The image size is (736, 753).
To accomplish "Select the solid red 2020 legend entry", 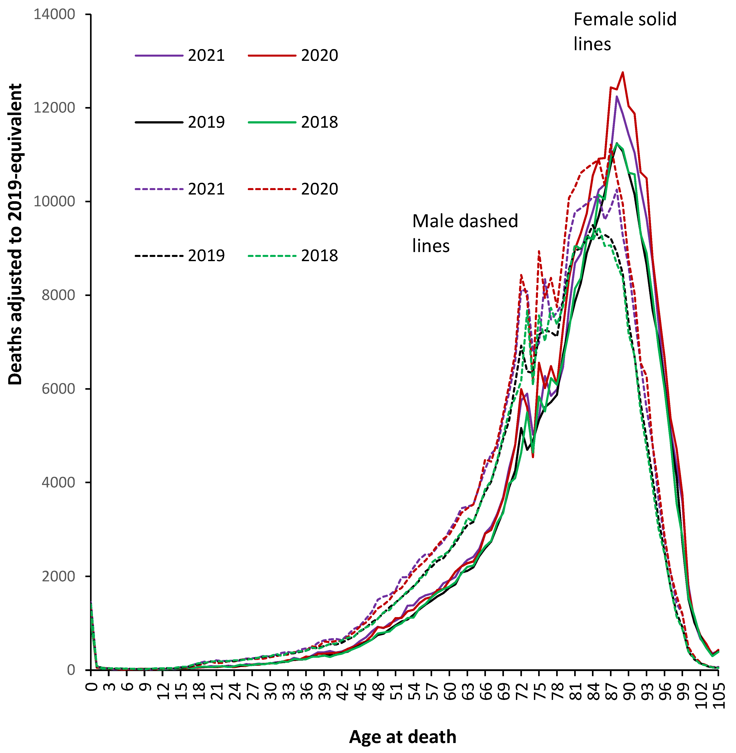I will tap(319, 56).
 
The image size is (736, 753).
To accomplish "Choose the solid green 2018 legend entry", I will tap(319, 122).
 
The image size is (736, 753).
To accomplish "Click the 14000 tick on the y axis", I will tap(54, 14).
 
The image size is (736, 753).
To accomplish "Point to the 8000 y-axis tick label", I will tap(58, 295).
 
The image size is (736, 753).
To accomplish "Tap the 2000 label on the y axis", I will tap(58, 576).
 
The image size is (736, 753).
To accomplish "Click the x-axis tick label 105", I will tap(719, 695).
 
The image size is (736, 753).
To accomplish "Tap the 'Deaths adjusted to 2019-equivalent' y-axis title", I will tap(16, 234).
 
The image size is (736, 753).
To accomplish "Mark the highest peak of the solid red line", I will tap(623, 72).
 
